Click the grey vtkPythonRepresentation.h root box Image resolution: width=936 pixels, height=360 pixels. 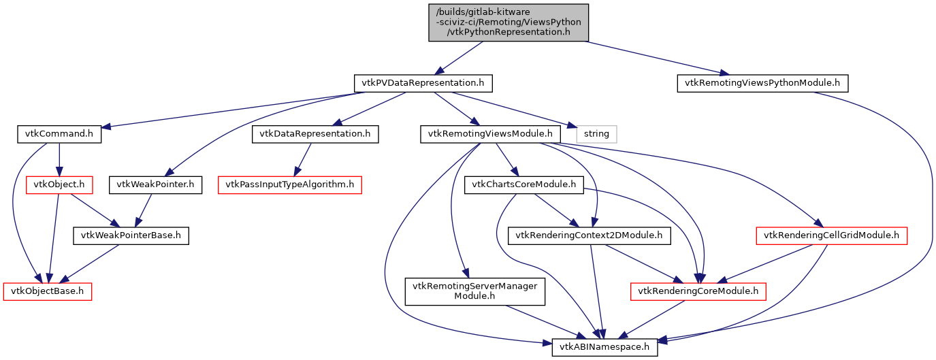508,22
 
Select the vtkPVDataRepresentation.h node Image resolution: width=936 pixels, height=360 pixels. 423,84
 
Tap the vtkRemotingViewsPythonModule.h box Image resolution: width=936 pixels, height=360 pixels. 762,84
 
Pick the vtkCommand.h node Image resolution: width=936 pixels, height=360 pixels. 59,134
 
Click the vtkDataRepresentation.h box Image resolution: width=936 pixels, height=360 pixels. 315,134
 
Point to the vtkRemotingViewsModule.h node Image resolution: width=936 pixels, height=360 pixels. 490,134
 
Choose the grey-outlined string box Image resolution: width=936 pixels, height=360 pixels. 596,134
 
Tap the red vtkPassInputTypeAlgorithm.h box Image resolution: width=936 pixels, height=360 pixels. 290,184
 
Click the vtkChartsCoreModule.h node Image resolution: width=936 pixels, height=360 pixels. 524,184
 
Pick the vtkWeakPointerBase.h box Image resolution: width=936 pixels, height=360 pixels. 131,235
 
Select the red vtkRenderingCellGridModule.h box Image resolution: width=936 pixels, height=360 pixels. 831,235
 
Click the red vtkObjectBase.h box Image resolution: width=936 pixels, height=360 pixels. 48,291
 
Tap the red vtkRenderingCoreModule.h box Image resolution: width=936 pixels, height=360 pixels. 698,291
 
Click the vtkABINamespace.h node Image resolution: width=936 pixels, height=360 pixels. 605,347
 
